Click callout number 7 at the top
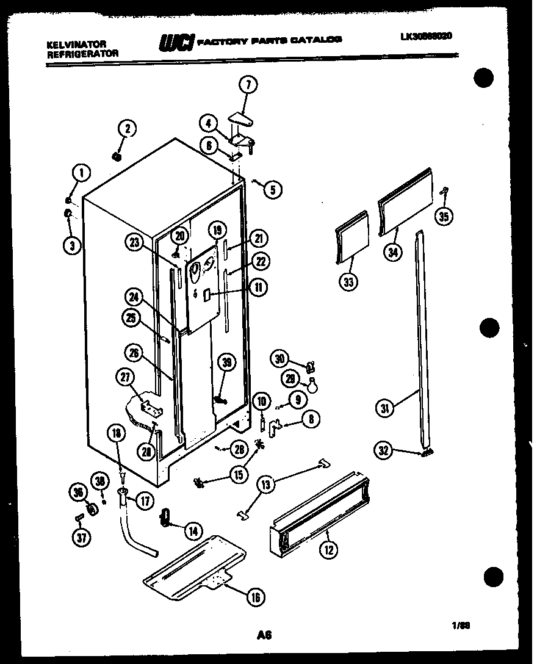[248, 85]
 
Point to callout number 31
[385, 408]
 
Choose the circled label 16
[255, 597]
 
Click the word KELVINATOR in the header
[76, 45]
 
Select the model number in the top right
[427, 36]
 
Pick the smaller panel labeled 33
[353, 237]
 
